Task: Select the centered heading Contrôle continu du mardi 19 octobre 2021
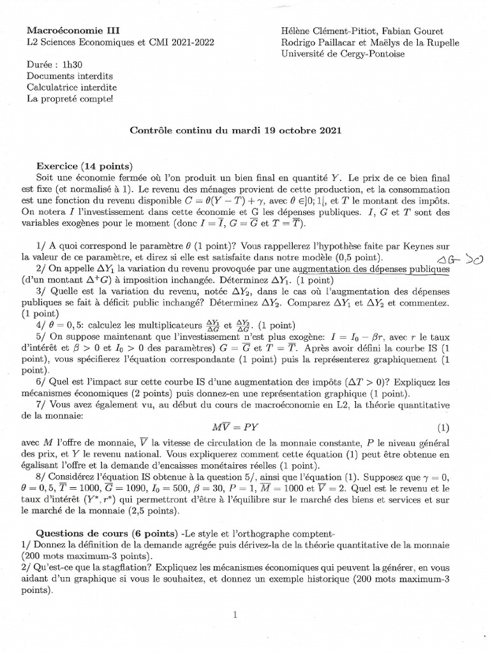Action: tap(235, 130)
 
